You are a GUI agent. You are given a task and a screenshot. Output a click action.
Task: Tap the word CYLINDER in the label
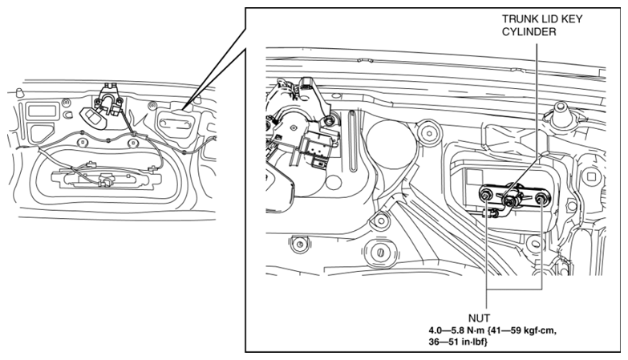[x=529, y=31]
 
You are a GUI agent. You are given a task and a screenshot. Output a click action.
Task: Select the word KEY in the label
[x=573, y=18]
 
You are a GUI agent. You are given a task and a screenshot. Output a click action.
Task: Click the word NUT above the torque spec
[x=479, y=318]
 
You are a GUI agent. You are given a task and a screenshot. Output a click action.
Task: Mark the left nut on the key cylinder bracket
[x=486, y=196]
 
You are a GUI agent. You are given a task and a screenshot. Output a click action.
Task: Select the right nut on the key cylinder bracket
[x=541, y=197]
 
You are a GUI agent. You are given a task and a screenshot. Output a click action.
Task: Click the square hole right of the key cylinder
[x=592, y=177]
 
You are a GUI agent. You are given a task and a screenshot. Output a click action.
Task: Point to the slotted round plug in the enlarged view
[x=379, y=253]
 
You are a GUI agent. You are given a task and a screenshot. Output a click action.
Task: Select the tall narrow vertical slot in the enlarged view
[x=352, y=141]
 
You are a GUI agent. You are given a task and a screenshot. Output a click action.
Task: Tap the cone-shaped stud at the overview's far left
[x=18, y=93]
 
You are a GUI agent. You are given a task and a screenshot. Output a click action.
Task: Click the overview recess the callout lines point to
[x=176, y=123]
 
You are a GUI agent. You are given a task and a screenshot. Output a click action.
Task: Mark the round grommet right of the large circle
[x=429, y=131]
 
